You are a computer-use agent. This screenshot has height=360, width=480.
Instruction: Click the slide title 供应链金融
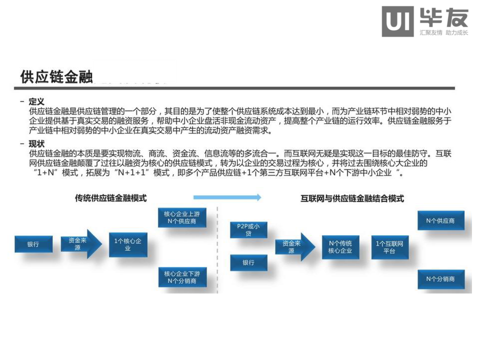click(56, 76)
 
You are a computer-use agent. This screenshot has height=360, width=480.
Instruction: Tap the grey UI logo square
click(397, 21)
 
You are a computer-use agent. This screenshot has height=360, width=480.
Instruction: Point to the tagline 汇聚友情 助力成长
click(443, 33)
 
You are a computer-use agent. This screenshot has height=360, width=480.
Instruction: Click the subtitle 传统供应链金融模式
click(110, 198)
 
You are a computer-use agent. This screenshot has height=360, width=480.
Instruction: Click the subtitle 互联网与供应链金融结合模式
click(352, 198)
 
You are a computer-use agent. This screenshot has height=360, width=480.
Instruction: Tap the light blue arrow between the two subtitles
click(227, 197)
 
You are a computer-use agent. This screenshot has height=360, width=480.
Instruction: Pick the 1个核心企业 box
click(128, 244)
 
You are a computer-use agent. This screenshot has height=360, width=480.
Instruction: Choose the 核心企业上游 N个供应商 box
click(182, 217)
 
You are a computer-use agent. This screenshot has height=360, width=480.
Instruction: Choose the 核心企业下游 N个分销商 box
click(182, 277)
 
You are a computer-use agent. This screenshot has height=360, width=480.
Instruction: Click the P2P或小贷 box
click(248, 230)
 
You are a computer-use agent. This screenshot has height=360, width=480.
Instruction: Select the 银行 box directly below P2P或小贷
click(248, 262)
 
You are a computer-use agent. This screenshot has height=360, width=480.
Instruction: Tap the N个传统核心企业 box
click(340, 247)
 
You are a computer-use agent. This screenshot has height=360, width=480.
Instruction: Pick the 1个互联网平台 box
click(389, 247)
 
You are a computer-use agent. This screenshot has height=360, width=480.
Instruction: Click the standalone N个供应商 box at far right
click(440, 220)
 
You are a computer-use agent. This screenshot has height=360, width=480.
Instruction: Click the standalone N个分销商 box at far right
click(440, 279)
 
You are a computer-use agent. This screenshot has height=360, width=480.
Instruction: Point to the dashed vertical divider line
click(218, 250)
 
